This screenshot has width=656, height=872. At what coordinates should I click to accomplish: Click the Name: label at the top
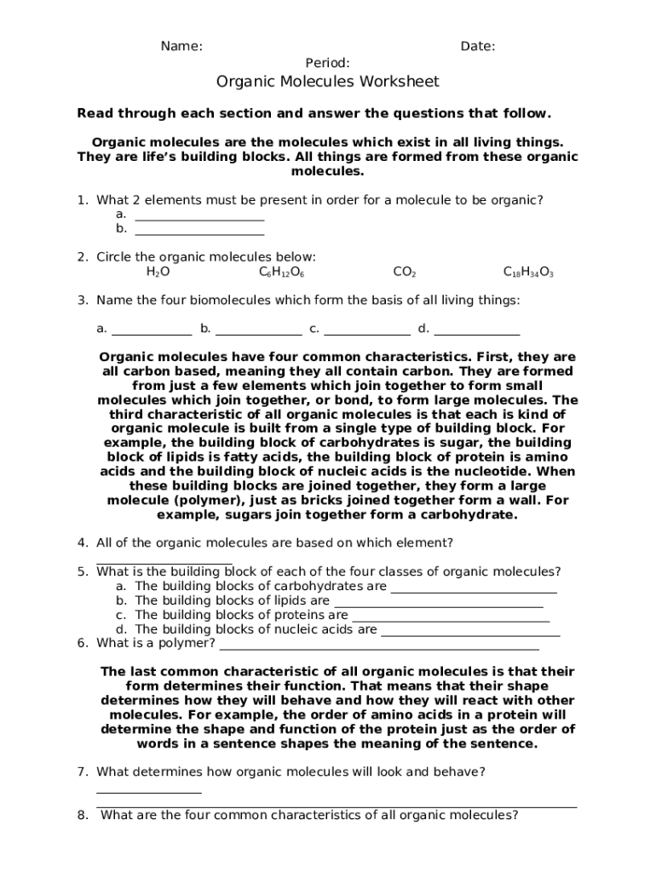(x=181, y=46)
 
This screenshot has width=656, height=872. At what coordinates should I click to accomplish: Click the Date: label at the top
(x=478, y=46)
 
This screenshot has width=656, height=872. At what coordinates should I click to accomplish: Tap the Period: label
(x=327, y=62)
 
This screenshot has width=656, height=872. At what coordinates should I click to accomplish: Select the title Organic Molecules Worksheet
(x=327, y=82)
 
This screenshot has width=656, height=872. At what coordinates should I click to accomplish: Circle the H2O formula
(x=158, y=272)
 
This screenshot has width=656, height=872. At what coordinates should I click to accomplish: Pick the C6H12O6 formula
(x=282, y=272)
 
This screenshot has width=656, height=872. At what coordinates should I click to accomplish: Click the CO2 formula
(x=404, y=272)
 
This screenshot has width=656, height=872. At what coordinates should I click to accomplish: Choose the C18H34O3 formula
(x=528, y=272)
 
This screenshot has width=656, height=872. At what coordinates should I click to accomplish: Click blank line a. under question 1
(x=199, y=218)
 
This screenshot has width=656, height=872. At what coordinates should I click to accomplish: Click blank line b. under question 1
(x=199, y=232)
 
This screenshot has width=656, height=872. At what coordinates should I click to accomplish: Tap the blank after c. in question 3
(x=367, y=334)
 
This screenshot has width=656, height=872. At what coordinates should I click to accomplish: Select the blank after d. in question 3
(x=477, y=334)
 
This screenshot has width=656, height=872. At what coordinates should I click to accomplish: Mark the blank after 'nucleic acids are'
(x=470, y=634)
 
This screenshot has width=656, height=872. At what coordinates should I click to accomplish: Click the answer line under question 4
(x=164, y=562)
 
